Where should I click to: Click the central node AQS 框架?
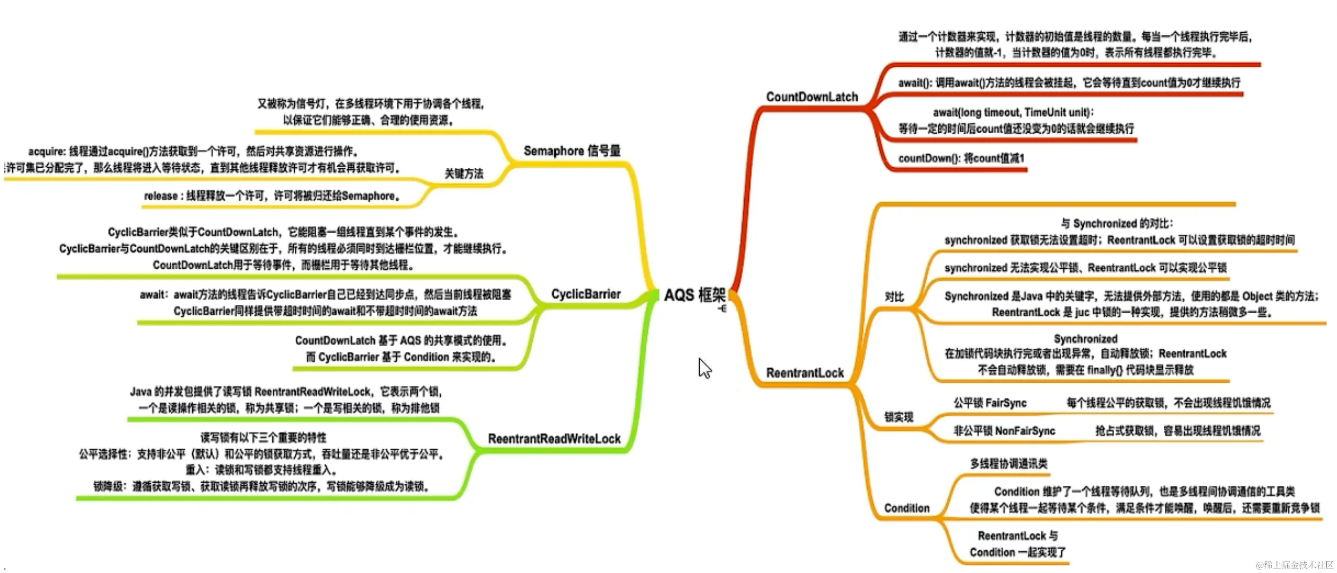(x=694, y=295)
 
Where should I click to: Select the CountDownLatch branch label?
(x=812, y=97)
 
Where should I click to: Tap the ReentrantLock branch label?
(x=805, y=373)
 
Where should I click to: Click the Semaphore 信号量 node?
(x=571, y=151)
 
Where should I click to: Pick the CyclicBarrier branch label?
(x=586, y=294)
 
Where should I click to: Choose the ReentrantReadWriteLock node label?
(x=554, y=439)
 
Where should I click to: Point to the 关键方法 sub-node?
(x=464, y=174)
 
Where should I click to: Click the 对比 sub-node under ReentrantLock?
(x=894, y=296)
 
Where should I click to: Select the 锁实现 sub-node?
(x=898, y=417)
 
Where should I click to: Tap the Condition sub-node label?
(x=906, y=508)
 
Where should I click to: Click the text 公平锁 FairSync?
(x=989, y=403)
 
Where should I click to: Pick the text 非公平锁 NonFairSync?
(x=1004, y=431)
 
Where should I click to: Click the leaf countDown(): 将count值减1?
(x=961, y=158)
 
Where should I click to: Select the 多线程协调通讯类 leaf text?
(x=1009, y=464)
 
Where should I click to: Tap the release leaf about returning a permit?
(x=272, y=196)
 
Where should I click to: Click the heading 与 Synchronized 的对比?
(x=1116, y=223)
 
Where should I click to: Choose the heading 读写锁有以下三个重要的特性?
(x=263, y=437)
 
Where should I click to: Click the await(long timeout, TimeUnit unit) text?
(x=1013, y=113)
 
